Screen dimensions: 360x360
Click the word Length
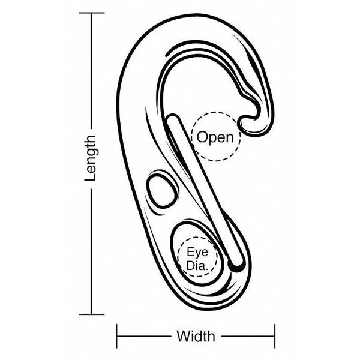coord(90,158)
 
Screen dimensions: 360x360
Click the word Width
coord(196,337)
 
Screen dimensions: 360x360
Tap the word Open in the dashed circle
coord(215,137)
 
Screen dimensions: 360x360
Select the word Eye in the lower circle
coord(197,252)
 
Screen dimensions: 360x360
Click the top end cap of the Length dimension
coord(92,13)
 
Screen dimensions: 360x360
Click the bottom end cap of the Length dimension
coord(92,314)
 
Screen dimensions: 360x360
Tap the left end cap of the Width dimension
coord(117,336)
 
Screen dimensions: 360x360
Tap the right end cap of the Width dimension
coord(275,336)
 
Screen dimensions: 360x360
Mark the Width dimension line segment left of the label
coord(144,337)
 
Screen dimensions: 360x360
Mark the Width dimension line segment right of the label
coord(248,337)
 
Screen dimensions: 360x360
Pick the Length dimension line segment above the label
coord(92,71)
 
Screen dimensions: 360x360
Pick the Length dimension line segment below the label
coord(92,251)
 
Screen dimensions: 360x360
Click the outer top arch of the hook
coord(195,16)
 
